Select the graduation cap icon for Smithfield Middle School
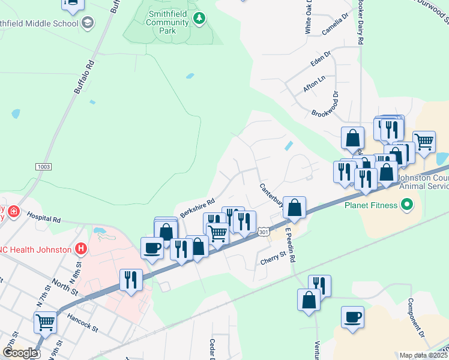(x=88, y=23)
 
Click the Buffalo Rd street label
(x=85, y=77)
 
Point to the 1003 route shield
(x=44, y=166)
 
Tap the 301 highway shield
(x=264, y=231)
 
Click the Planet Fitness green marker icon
(x=407, y=205)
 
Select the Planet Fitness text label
(x=370, y=205)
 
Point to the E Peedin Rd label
(x=291, y=245)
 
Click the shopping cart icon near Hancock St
(x=46, y=322)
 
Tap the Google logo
(x=20, y=353)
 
